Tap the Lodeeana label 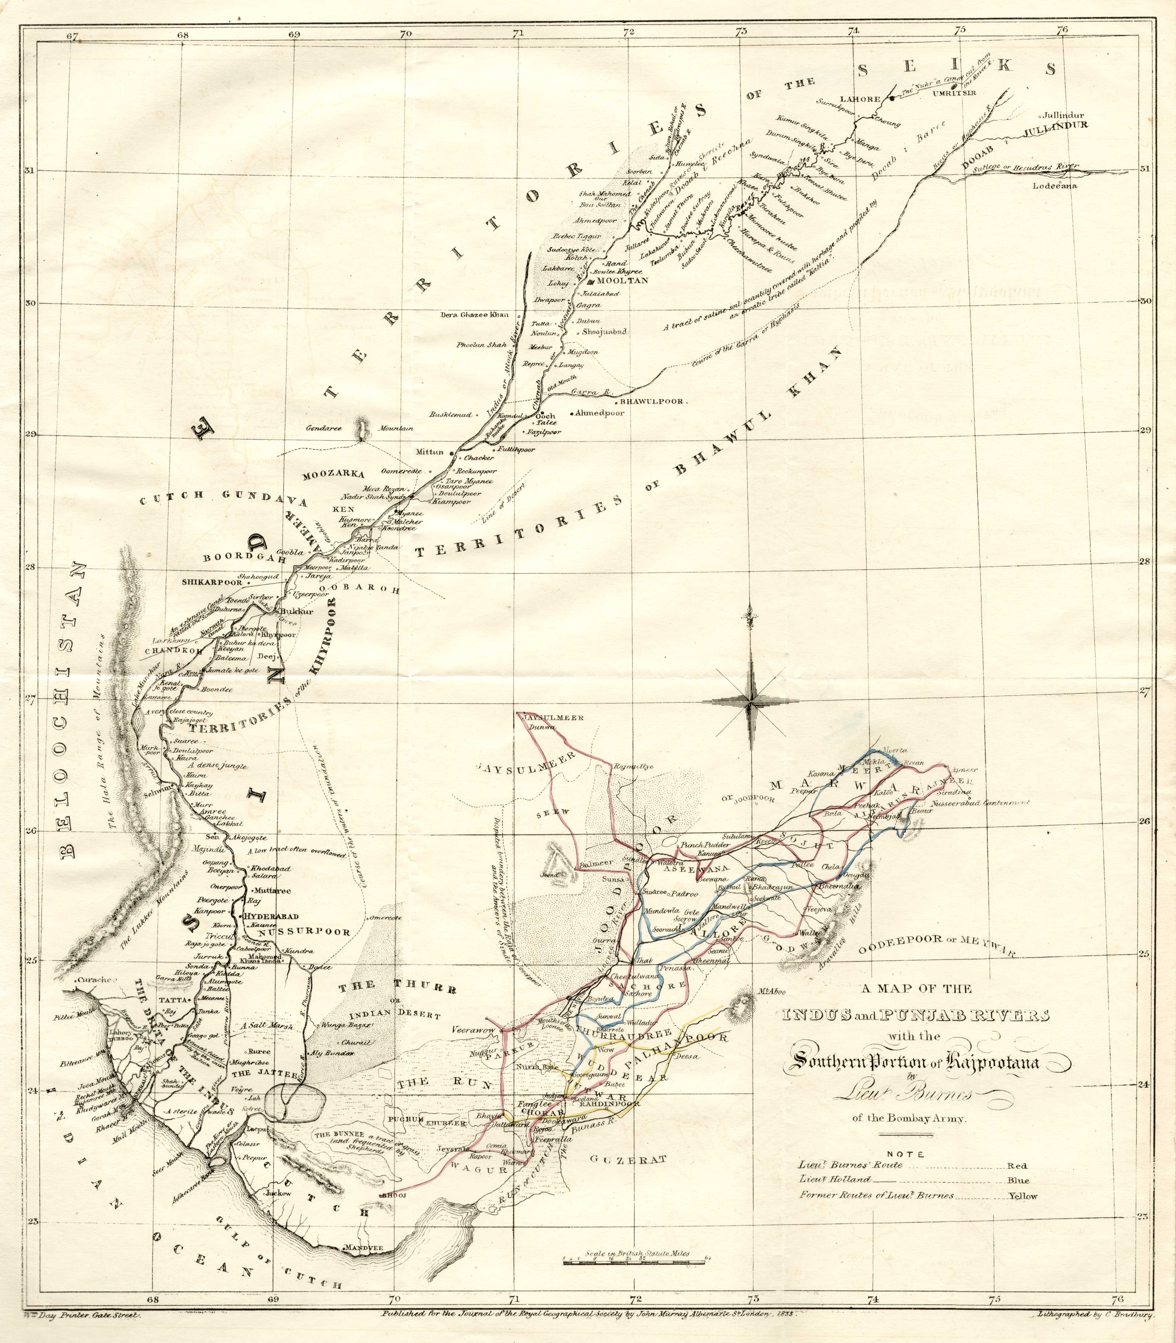(1055, 186)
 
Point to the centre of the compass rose (749, 701)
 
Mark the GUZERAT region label (627, 1159)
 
